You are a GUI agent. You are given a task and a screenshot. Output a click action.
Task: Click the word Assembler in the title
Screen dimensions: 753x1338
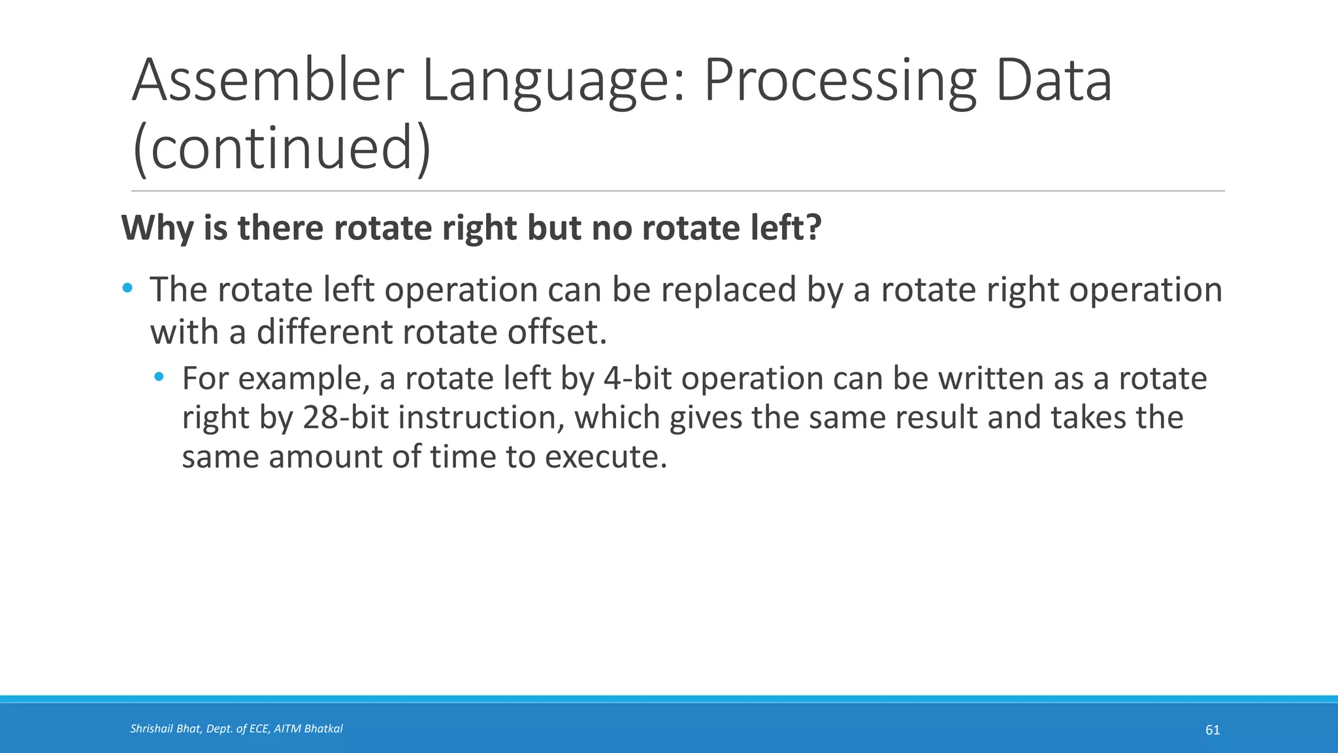268,81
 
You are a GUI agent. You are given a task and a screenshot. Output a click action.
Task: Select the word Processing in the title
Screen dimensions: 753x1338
840,81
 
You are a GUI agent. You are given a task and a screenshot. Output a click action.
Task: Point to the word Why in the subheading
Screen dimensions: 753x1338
157,228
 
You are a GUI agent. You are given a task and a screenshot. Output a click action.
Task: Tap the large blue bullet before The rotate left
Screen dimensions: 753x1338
127,288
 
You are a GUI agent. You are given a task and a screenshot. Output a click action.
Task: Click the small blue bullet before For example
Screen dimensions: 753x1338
159,377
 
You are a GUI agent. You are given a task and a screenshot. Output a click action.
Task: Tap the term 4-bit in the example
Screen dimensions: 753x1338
637,378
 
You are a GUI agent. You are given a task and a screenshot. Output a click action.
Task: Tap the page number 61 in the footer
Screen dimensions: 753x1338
1212,730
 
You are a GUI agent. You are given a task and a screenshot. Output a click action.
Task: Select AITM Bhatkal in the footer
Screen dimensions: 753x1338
308,729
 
